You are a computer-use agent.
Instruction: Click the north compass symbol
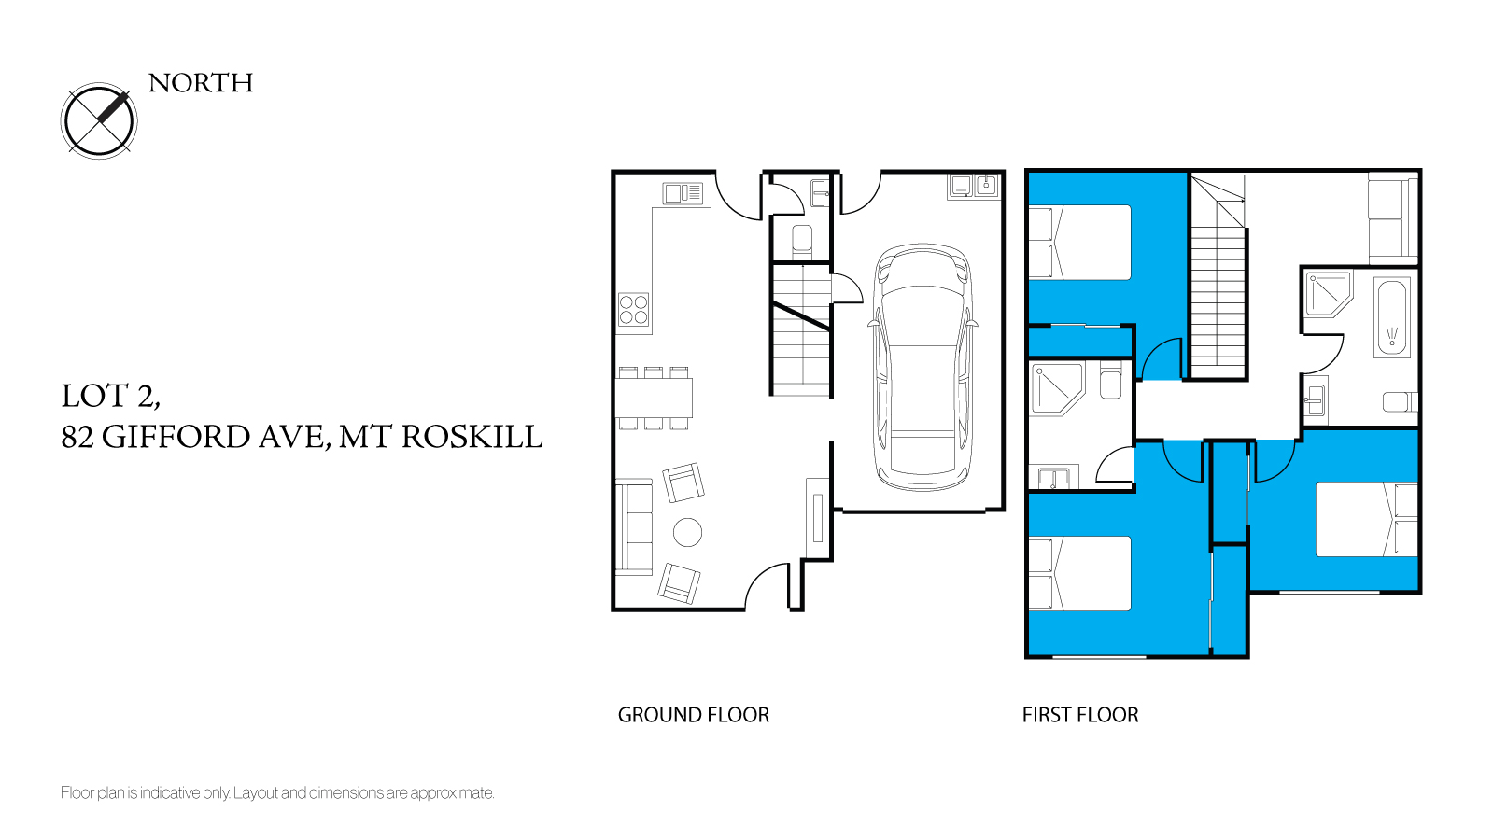(x=99, y=120)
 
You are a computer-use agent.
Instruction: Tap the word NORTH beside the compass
(x=201, y=83)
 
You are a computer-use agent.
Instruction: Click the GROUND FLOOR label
(x=693, y=715)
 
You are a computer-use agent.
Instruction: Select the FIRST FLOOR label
(x=1080, y=715)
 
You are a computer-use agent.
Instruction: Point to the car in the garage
(x=923, y=367)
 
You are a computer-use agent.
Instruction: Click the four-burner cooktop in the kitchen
(x=633, y=310)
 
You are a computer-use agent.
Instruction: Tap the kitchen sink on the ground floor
(x=683, y=193)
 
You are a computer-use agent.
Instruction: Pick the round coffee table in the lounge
(x=687, y=532)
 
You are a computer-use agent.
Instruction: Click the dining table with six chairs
(x=654, y=398)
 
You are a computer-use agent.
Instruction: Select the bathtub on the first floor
(x=1391, y=317)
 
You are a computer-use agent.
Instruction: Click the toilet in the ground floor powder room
(x=802, y=242)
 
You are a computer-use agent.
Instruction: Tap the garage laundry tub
(x=973, y=186)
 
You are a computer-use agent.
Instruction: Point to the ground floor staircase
(x=801, y=330)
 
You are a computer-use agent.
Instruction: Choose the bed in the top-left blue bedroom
(x=1079, y=243)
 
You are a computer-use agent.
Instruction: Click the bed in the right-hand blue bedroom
(x=1366, y=519)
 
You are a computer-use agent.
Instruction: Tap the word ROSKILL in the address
(x=472, y=438)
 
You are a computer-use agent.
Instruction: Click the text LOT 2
(x=110, y=397)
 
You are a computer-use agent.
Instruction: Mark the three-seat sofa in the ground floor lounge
(x=634, y=527)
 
